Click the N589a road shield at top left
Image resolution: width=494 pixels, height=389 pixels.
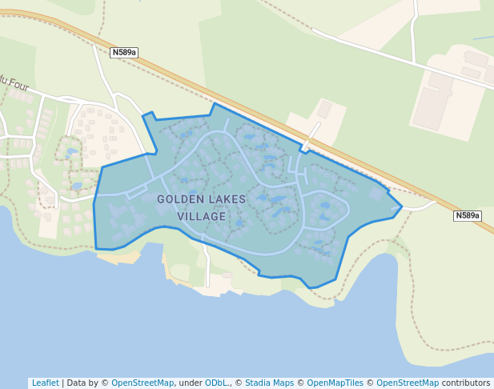click(x=124, y=52)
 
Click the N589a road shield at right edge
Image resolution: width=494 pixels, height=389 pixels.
click(x=468, y=215)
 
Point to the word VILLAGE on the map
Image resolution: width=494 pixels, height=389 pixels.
click(x=202, y=216)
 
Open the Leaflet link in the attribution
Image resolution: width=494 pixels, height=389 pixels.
click(x=45, y=383)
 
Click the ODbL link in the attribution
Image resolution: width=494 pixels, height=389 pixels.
click(x=216, y=383)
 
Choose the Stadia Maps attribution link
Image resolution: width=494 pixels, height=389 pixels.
click(x=269, y=383)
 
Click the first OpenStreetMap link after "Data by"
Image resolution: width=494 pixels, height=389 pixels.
click(x=143, y=383)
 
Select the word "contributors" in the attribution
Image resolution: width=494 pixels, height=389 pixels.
click(x=466, y=383)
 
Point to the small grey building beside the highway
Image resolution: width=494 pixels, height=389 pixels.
click(x=324, y=109)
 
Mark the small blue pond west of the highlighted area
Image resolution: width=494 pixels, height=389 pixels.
click(x=72, y=151)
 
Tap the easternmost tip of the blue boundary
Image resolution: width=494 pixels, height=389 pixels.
click(x=401, y=206)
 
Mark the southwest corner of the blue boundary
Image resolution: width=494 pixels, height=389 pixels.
click(x=97, y=249)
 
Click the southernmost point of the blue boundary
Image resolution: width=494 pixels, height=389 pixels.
click(x=312, y=288)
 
